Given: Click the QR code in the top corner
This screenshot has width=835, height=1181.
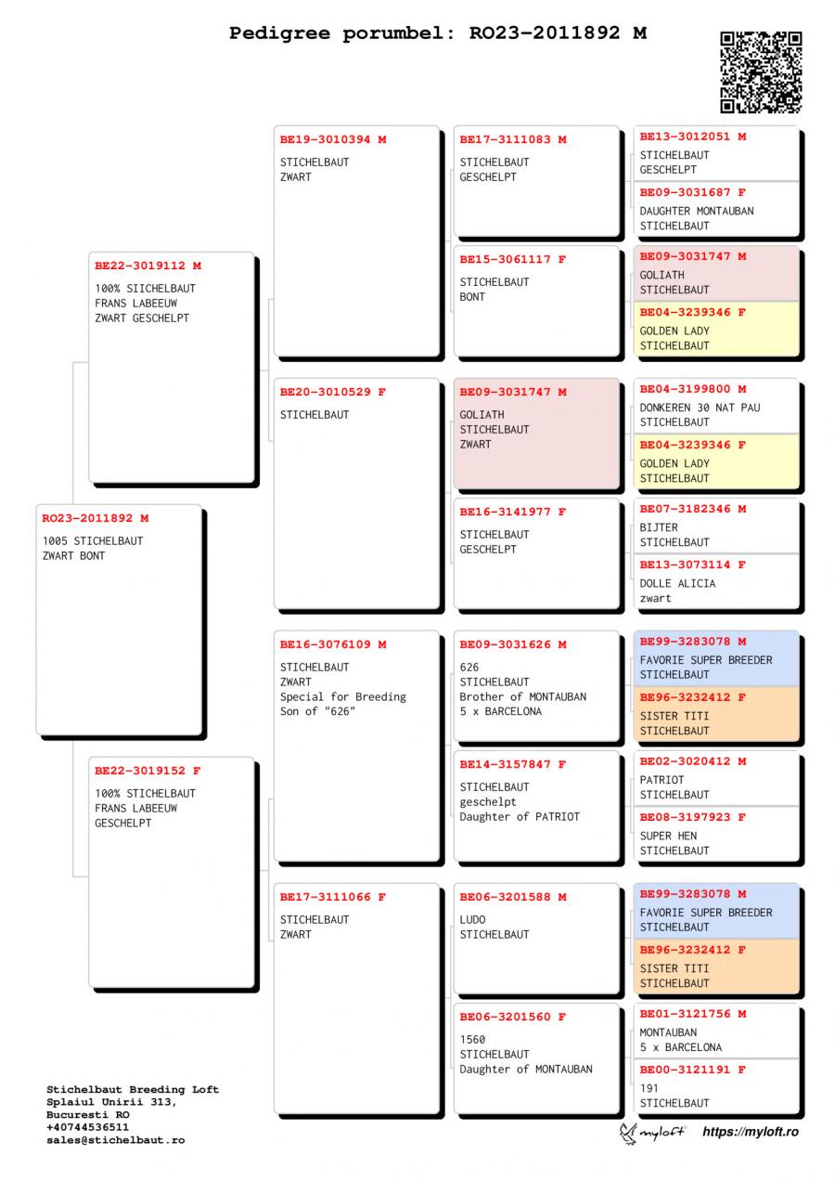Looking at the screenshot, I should coord(761,71).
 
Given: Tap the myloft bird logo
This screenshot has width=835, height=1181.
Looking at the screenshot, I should coord(630,1132).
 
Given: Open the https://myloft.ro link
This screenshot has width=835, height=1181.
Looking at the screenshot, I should coord(750,1132).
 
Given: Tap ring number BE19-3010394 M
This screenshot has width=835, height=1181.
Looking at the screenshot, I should coord(333,140).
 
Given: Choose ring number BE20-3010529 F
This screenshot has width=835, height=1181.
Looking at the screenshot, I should coord(333,393).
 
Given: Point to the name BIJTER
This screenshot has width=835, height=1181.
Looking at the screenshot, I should coord(659,527).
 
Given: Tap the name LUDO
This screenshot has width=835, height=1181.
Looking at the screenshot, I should coord(472,919).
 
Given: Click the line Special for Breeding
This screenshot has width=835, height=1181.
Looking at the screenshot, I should coord(343,696).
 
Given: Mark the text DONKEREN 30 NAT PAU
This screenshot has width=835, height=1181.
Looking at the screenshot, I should coord(700,408).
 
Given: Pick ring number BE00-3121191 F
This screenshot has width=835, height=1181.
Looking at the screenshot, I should coord(692,1070).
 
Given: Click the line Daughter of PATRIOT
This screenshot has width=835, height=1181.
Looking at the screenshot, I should coord(520,816).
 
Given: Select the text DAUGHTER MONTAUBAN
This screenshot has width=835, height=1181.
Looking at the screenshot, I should coord(696,211).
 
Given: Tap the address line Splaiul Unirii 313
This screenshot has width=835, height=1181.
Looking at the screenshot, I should coord(110,1101).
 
